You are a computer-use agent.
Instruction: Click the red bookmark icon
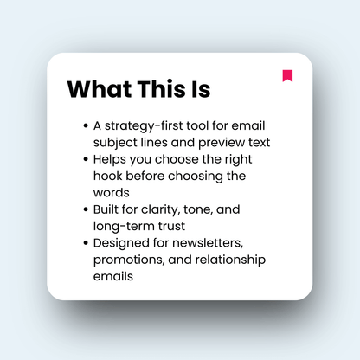[287, 75]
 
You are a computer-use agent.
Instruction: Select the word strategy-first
[145, 125]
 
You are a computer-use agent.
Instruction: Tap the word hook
[107, 176]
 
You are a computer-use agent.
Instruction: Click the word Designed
[122, 244]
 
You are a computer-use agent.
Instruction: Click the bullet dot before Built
[84, 209]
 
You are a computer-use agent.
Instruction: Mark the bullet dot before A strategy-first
[84, 125]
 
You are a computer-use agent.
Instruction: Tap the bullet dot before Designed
[84, 244]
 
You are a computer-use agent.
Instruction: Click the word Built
[106, 209]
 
